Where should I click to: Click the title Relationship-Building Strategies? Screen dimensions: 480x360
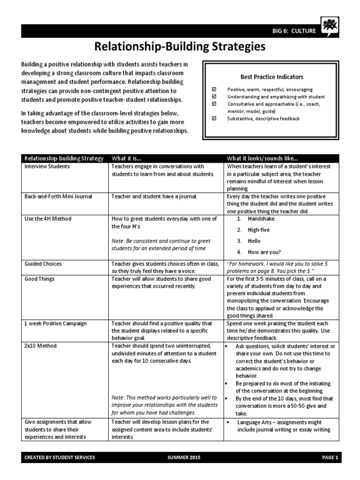(180, 47)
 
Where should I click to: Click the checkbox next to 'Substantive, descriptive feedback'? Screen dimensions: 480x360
(215, 119)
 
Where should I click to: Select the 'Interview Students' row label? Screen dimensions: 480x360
(47, 166)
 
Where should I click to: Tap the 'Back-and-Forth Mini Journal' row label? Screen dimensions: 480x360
(58, 196)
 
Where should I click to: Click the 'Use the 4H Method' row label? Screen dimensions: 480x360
(48, 219)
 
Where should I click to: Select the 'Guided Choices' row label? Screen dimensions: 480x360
(43, 264)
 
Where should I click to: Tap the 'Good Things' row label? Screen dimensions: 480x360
(39, 279)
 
